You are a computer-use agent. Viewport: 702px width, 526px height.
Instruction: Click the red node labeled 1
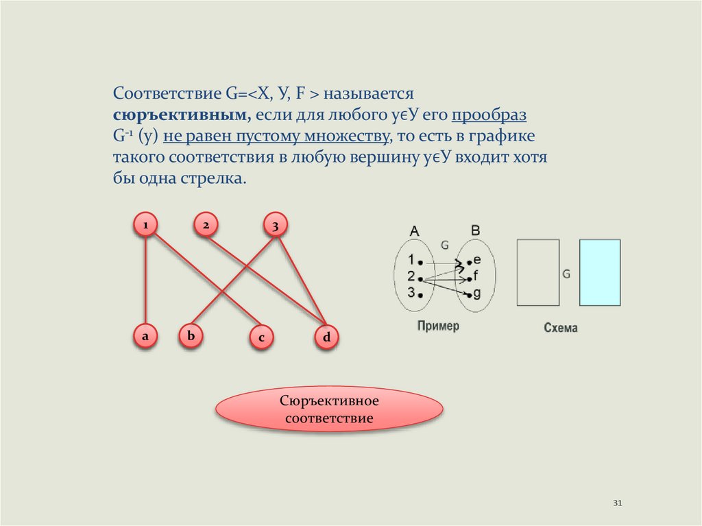click(x=145, y=224)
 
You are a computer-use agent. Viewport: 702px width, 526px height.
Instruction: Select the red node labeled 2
click(x=205, y=224)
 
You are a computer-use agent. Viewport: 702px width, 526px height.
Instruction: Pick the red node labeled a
click(x=145, y=336)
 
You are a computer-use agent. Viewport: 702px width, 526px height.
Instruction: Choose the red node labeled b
click(x=191, y=336)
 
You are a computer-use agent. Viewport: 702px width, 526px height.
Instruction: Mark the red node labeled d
click(x=326, y=337)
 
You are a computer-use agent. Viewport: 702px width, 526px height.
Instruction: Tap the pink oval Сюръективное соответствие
click(x=329, y=409)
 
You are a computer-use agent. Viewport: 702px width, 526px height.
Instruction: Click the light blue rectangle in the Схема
click(x=599, y=272)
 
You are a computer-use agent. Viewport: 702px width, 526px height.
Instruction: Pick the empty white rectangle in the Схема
click(x=537, y=272)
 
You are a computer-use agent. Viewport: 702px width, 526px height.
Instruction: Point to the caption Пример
click(x=438, y=326)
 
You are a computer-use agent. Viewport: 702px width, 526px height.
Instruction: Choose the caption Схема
click(x=561, y=328)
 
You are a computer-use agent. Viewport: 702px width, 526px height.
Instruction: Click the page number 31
click(x=617, y=504)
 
